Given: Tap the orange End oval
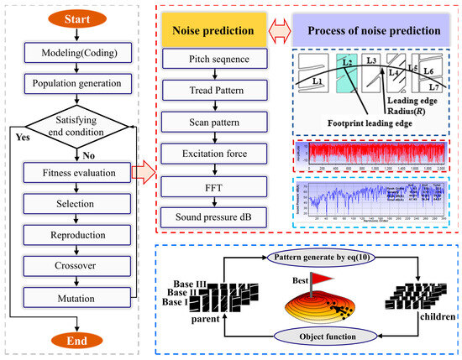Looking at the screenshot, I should (x=77, y=342).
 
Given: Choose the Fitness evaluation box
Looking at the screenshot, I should (x=77, y=174).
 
